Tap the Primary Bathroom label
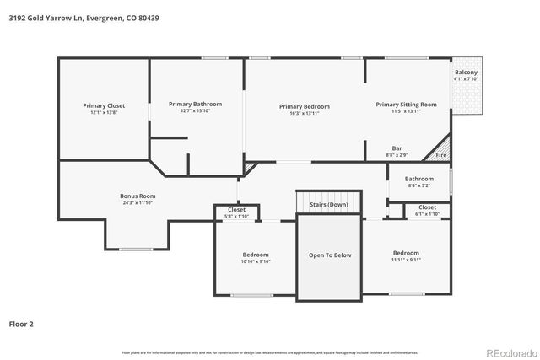pos(194,104)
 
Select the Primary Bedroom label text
pos(304,106)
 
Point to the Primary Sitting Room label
pos(406,105)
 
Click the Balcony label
pos(466,73)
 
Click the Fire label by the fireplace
pos(439,155)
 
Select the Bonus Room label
pos(138,196)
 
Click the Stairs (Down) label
pos(329,204)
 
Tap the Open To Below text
pos(330,255)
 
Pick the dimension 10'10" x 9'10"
pos(256,261)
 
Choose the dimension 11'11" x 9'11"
pos(405,260)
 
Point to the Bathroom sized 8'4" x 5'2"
pos(418,179)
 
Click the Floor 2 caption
pos(22,323)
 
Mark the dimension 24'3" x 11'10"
pos(138,203)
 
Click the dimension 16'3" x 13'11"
pos(304,113)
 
